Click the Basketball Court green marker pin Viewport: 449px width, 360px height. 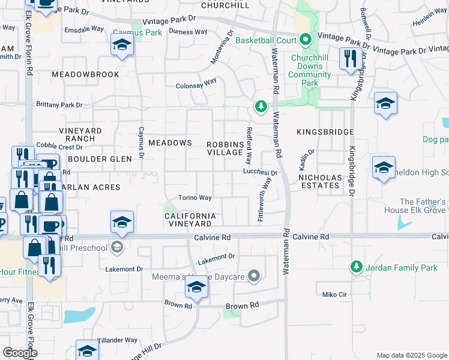click(x=306, y=40)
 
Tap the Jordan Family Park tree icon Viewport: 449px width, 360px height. click(x=356, y=266)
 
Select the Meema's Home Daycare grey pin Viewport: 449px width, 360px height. click(x=254, y=276)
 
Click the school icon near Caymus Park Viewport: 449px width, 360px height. click(x=122, y=46)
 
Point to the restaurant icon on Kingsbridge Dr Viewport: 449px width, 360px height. click(x=348, y=59)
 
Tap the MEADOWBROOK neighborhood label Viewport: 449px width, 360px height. click(x=85, y=74)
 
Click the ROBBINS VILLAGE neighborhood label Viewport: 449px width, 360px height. click(x=225, y=148)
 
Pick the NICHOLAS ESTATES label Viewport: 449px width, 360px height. click(x=320, y=181)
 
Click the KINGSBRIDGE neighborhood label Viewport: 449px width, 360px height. click(x=325, y=131)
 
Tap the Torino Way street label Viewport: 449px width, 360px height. click(x=194, y=198)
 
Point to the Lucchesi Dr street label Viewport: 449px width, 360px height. click(x=260, y=172)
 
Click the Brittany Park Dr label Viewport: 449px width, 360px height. click(x=59, y=104)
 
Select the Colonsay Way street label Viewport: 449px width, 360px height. click(x=196, y=86)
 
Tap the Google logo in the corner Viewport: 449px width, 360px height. click(x=20, y=353)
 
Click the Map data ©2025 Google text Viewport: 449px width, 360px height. click(x=411, y=355)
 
